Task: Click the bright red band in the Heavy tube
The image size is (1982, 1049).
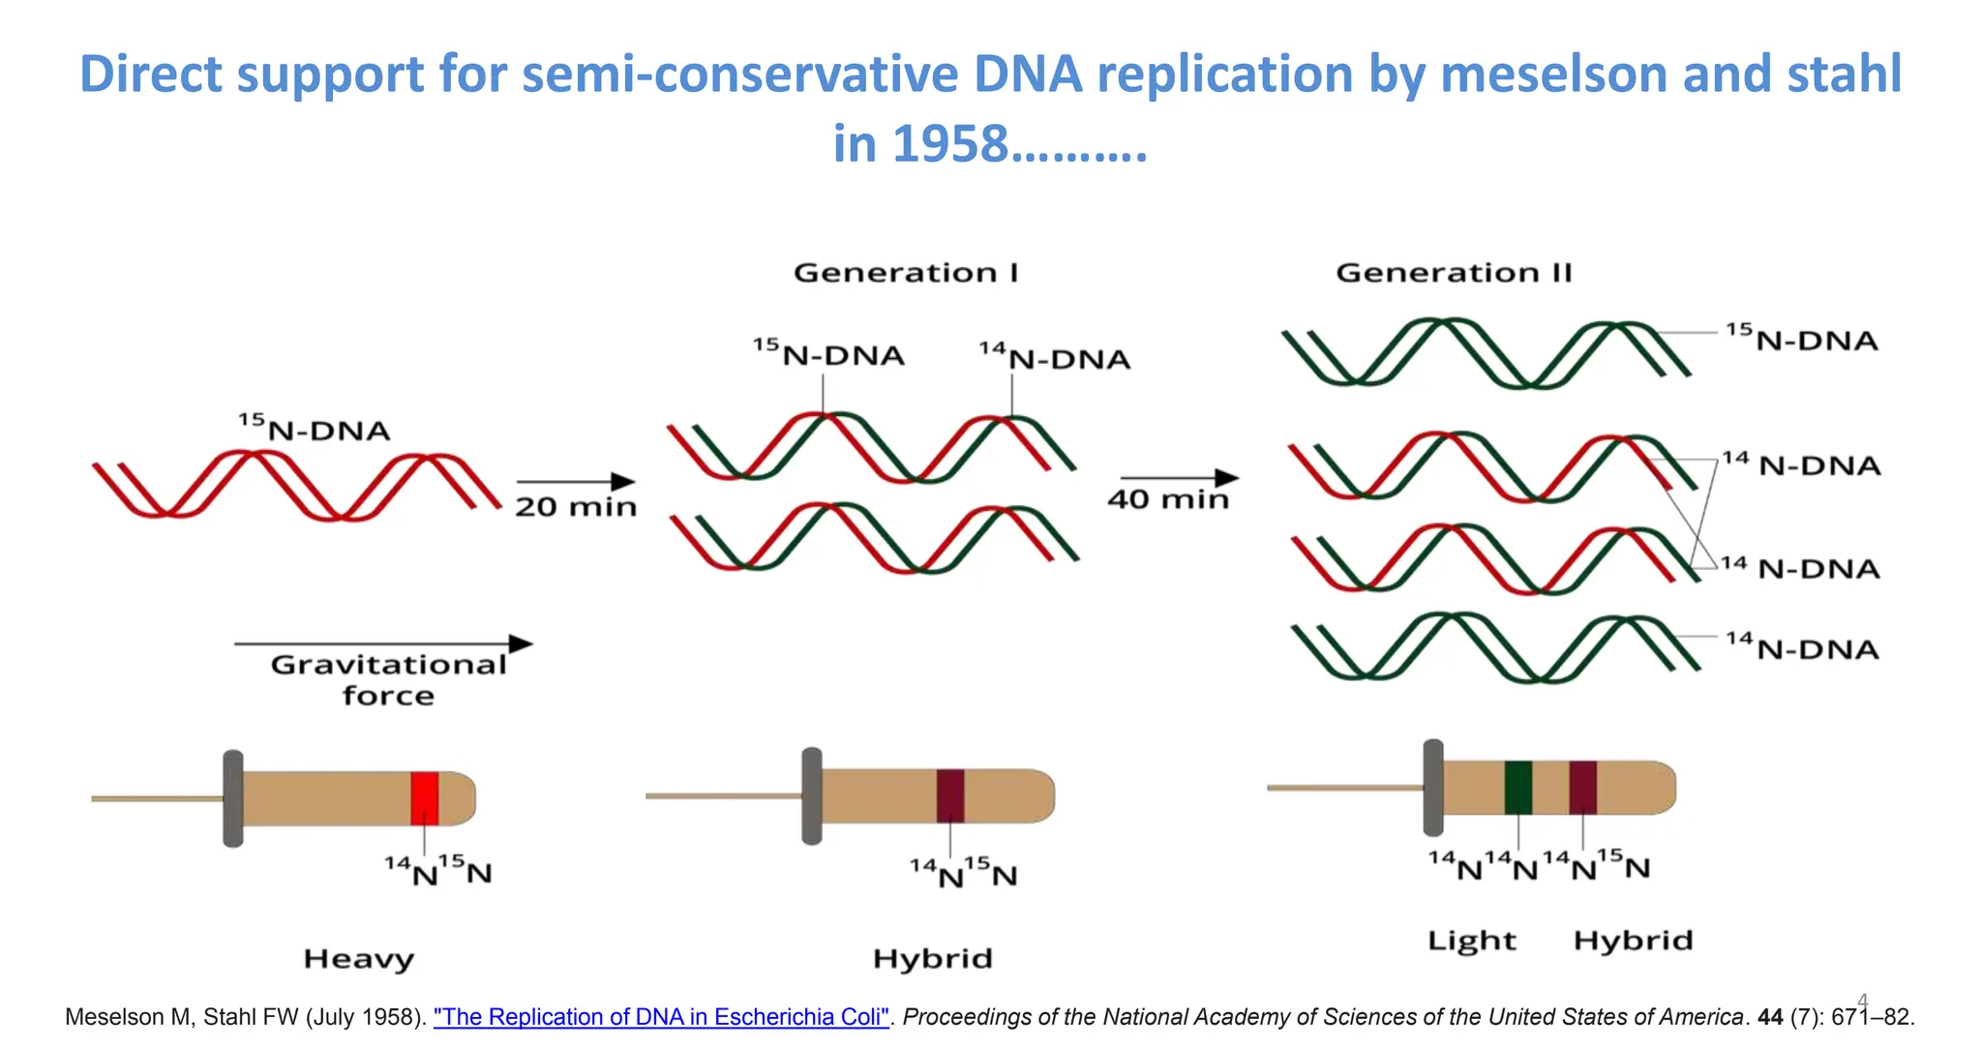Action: pyautogui.click(x=424, y=798)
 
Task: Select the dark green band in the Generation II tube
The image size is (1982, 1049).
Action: pyautogui.click(x=1517, y=788)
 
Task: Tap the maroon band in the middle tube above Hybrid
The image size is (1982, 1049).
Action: pyautogui.click(x=949, y=795)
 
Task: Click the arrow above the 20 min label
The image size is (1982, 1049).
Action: pyautogui.click(x=576, y=481)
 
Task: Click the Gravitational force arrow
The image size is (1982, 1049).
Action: pyautogui.click(x=383, y=644)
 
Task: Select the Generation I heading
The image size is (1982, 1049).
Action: pyautogui.click(x=906, y=273)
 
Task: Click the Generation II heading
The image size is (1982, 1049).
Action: pyautogui.click(x=1454, y=273)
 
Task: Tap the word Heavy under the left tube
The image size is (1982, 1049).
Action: pyautogui.click(x=359, y=959)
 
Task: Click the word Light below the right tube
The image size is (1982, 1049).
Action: pyautogui.click(x=1472, y=941)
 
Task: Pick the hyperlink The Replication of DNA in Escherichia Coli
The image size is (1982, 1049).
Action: pyautogui.click(x=661, y=1017)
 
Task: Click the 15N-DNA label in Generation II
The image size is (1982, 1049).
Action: pyautogui.click(x=1801, y=339)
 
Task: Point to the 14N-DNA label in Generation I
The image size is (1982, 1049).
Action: pyautogui.click(x=1054, y=358)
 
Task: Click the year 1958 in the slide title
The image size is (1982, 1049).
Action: pyautogui.click(x=949, y=144)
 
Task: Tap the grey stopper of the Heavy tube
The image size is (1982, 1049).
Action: pyautogui.click(x=233, y=798)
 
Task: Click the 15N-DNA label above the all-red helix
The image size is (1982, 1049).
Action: pyautogui.click(x=315, y=429)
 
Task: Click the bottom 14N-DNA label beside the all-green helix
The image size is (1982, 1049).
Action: pyautogui.click(x=1802, y=647)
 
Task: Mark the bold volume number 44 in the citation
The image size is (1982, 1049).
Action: pyautogui.click(x=1770, y=1017)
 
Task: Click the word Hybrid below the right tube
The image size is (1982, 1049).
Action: pyautogui.click(x=1633, y=941)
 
